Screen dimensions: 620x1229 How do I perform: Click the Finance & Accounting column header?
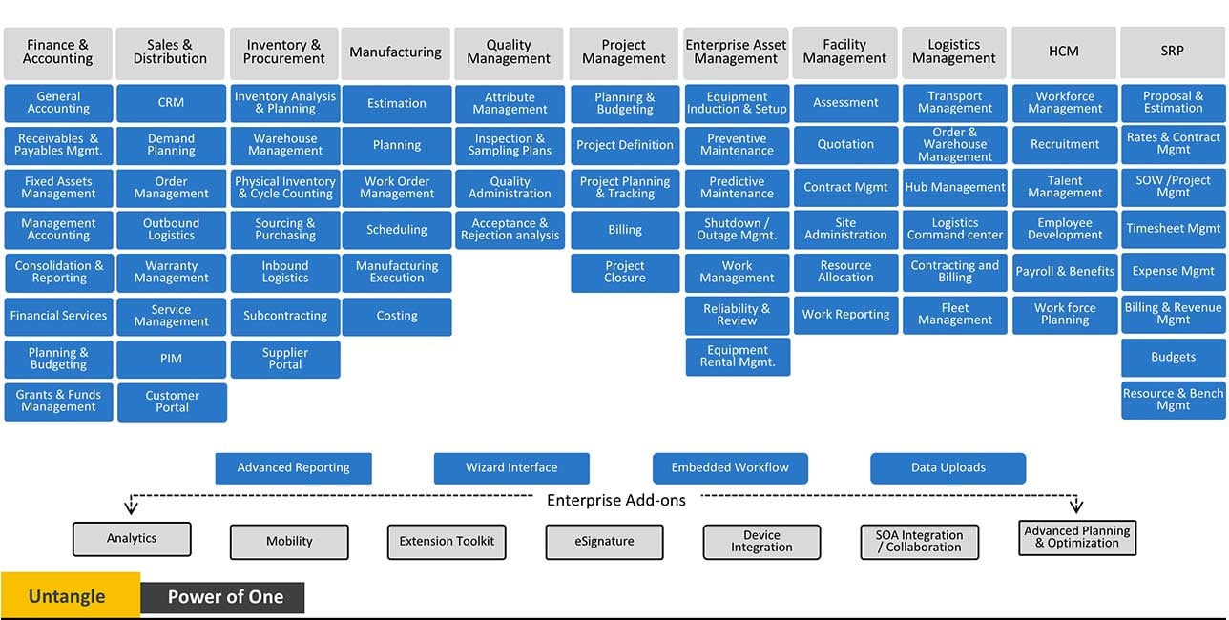tap(58, 52)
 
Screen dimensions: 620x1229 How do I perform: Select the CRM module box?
tap(172, 103)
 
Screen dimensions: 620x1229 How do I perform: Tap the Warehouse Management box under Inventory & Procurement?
tap(285, 145)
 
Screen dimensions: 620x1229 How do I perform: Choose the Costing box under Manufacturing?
tap(397, 316)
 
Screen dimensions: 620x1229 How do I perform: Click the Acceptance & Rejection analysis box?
tap(510, 230)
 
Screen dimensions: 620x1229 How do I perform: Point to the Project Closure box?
tap(625, 273)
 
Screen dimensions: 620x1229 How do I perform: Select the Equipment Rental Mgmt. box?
tap(738, 357)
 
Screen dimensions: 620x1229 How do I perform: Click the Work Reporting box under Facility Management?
tap(845, 315)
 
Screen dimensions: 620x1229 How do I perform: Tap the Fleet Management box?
tap(955, 315)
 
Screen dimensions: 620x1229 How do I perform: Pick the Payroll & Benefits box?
tap(1065, 272)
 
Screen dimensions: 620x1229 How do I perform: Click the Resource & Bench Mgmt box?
tap(1174, 400)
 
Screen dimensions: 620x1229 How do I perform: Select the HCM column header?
tap(1064, 52)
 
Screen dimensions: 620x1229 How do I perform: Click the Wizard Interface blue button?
tap(511, 468)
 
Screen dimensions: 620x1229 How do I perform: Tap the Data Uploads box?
tap(948, 468)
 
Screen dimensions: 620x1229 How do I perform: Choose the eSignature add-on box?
tap(604, 542)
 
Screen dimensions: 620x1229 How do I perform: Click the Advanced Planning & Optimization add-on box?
tap(1077, 537)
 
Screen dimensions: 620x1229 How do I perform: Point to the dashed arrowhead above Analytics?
tap(130, 507)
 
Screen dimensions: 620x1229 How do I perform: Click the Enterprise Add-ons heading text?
tap(615, 501)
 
